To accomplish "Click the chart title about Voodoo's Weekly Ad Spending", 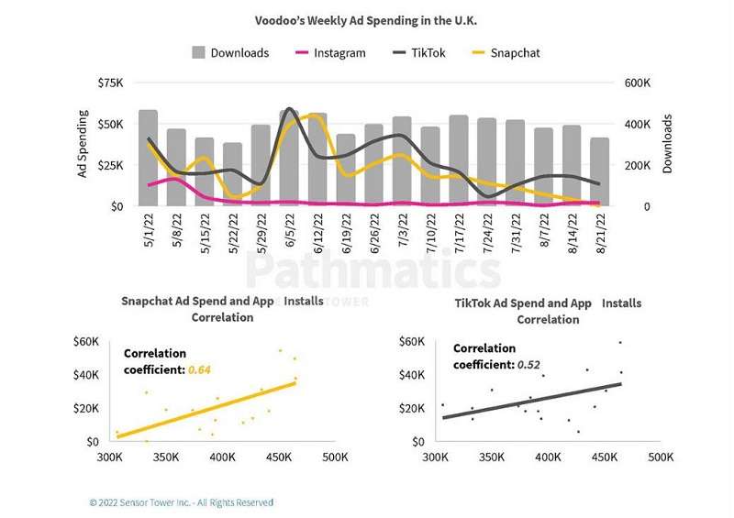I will (x=367, y=18).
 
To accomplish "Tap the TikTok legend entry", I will (x=419, y=53).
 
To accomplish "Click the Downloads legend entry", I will (x=230, y=53).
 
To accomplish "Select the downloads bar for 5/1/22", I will (x=148, y=158).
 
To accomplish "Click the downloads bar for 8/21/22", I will (x=599, y=171).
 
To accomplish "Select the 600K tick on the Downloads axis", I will (x=639, y=83).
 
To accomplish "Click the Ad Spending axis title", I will (x=83, y=144).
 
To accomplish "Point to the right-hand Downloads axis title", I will (x=668, y=144).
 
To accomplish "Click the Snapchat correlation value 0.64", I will (x=199, y=369).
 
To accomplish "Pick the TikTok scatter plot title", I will (x=548, y=311).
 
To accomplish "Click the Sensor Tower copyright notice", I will (x=181, y=502).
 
